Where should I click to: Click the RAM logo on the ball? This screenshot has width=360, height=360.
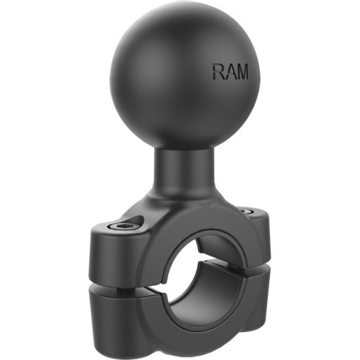(x=228, y=72)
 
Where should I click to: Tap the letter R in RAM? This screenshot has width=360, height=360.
(x=217, y=72)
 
